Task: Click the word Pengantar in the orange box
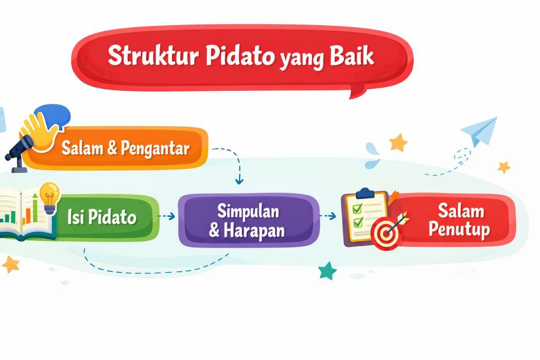point(155,149)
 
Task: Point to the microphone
point(19,150)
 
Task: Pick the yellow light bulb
point(49,195)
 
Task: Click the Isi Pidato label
point(102,217)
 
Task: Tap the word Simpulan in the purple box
point(248,211)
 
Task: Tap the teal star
point(327,271)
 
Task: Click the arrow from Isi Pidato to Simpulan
point(167,216)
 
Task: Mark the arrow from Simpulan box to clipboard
point(328,216)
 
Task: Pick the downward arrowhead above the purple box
point(239,181)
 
